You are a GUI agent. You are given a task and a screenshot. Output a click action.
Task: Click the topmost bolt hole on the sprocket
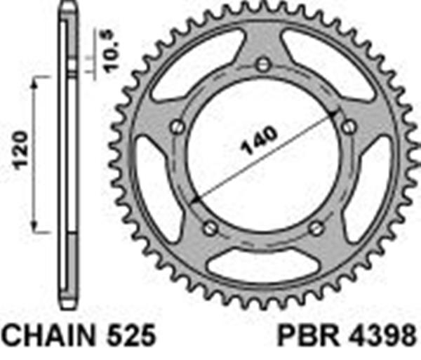(263, 65)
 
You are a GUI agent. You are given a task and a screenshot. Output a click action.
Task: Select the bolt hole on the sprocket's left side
(178, 127)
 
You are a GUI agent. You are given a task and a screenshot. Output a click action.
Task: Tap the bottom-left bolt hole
(210, 228)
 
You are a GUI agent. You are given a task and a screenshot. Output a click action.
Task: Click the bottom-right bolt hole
(316, 228)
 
